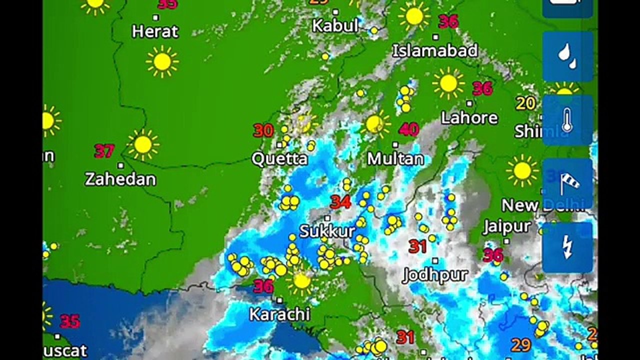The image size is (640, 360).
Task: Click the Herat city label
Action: (x=155, y=31)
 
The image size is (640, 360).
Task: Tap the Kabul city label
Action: (x=335, y=25)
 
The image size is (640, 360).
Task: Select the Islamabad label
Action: (x=435, y=50)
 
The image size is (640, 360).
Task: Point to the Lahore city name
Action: (x=469, y=118)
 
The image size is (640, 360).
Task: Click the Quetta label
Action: (x=279, y=159)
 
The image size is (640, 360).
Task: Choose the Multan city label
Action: (x=395, y=159)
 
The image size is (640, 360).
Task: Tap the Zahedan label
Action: (x=120, y=179)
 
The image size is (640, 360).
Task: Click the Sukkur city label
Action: (x=327, y=231)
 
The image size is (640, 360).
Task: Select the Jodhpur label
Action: (x=435, y=275)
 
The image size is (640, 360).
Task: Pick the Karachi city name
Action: (x=279, y=314)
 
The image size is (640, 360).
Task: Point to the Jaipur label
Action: (x=507, y=227)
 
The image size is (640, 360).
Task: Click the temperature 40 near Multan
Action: (x=408, y=129)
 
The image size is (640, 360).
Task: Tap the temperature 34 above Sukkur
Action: (x=340, y=202)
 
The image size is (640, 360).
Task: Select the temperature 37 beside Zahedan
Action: (x=104, y=150)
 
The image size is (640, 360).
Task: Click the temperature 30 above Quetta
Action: (x=263, y=130)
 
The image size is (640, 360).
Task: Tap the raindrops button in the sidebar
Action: (x=567, y=56)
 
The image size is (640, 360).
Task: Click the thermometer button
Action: (x=567, y=120)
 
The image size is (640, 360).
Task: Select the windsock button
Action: (x=567, y=183)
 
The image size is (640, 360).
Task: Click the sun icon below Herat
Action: (x=162, y=61)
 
